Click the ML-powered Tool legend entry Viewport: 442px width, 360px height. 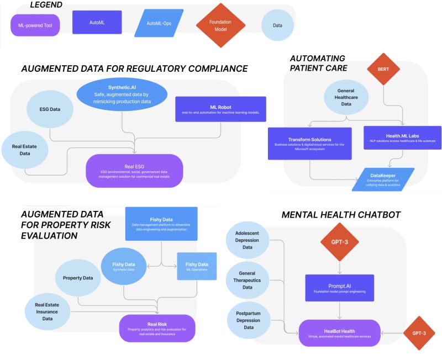[x=35, y=25]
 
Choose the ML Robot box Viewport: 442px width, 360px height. [x=220, y=109]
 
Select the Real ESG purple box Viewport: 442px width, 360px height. [x=134, y=170]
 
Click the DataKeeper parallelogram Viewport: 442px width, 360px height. [x=383, y=179]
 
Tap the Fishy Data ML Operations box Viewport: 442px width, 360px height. [x=197, y=266]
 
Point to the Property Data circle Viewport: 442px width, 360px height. [x=78, y=278]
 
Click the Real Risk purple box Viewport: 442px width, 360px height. [x=157, y=327]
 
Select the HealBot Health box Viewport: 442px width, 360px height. [x=340, y=333]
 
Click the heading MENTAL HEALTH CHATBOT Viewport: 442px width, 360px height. [x=341, y=215]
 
